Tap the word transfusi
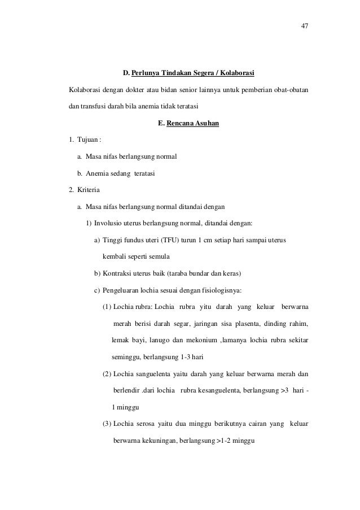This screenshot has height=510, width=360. point(96,106)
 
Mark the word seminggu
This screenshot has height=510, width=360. point(126,357)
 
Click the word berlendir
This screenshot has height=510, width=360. point(128,390)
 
